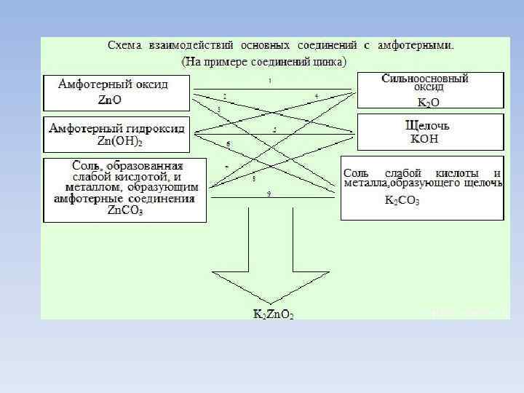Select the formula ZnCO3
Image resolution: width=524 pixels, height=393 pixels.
124,211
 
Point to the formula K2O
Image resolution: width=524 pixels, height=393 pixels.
427,103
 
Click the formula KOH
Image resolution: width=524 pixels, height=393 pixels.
424,138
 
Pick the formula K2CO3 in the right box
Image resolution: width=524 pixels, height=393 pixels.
402,200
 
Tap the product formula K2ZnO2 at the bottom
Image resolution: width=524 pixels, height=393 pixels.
273,314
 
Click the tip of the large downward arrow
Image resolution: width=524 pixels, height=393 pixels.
271,303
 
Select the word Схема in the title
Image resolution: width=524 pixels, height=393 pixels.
125,45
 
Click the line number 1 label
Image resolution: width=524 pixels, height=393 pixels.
270,80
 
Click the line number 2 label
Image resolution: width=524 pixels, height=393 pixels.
225,96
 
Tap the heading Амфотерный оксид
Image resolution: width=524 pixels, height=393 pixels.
114,84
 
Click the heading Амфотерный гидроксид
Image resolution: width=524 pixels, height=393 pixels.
116,128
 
